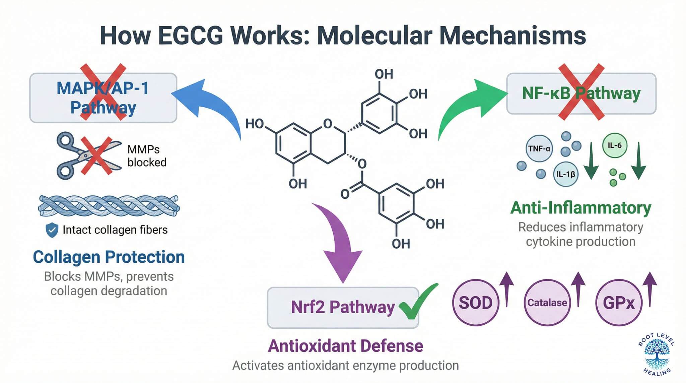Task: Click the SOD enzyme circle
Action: click(x=475, y=303)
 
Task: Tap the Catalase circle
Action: click(x=547, y=303)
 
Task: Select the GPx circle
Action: click(x=618, y=303)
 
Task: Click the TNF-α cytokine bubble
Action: click(x=539, y=148)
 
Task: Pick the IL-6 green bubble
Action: click(x=615, y=145)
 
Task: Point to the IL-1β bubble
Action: click(x=565, y=174)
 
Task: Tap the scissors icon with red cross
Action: click(x=88, y=155)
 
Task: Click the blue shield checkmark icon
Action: click(x=52, y=230)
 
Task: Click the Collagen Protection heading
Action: click(x=109, y=257)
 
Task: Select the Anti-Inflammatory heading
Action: click(x=580, y=208)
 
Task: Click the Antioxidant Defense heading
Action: click(x=345, y=346)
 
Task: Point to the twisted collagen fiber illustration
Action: click(x=109, y=206)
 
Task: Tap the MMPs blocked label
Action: click(x=146, y=156)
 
